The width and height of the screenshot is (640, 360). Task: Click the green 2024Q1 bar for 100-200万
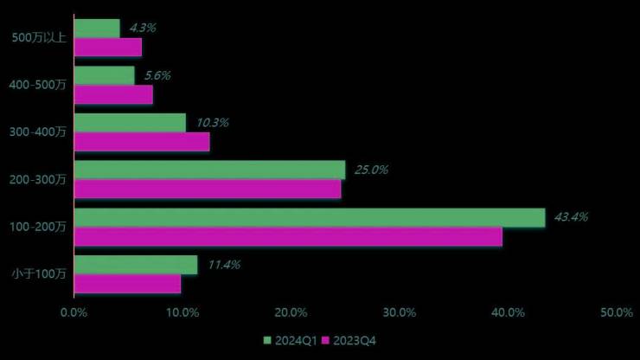click(310, 218)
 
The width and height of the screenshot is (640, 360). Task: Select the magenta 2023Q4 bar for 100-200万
click(288, 236)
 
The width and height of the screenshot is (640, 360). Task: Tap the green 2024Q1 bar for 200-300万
click(209, 170)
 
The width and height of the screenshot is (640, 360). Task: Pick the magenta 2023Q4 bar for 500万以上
click(108, 47)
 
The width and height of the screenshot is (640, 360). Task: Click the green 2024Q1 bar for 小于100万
click(136, 265)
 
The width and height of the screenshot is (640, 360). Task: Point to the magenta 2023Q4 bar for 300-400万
click(142, 142)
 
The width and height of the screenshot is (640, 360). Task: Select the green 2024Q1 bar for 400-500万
click(105, 75)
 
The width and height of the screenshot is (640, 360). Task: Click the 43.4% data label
click(572, 217)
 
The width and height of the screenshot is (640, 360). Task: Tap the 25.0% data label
click(371, 170)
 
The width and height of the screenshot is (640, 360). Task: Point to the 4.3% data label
click(142, 28)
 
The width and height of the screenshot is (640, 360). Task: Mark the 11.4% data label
click(223, 264)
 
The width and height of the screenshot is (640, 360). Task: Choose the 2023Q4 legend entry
click(349, 340)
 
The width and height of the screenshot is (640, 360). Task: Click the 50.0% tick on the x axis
click(616, 312)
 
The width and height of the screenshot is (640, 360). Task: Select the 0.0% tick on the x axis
click(74, 312)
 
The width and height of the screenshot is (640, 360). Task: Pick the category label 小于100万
click(38, 274)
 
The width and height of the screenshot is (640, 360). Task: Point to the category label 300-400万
click(38, 132)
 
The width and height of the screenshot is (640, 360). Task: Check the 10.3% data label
click(212, 123)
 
